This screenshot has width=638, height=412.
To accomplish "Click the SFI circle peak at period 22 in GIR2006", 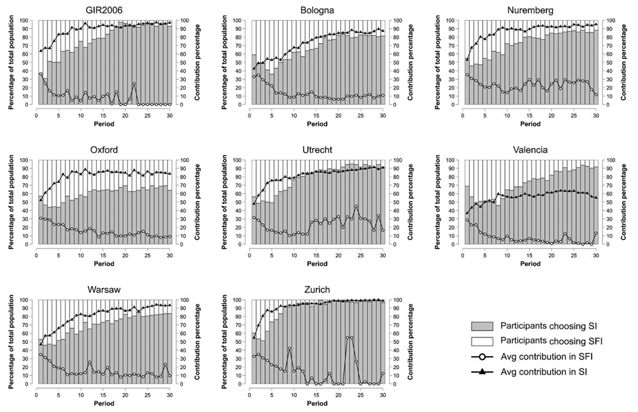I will tap(134, 83).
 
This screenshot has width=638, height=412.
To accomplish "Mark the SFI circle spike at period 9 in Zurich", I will tap(290, 348).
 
